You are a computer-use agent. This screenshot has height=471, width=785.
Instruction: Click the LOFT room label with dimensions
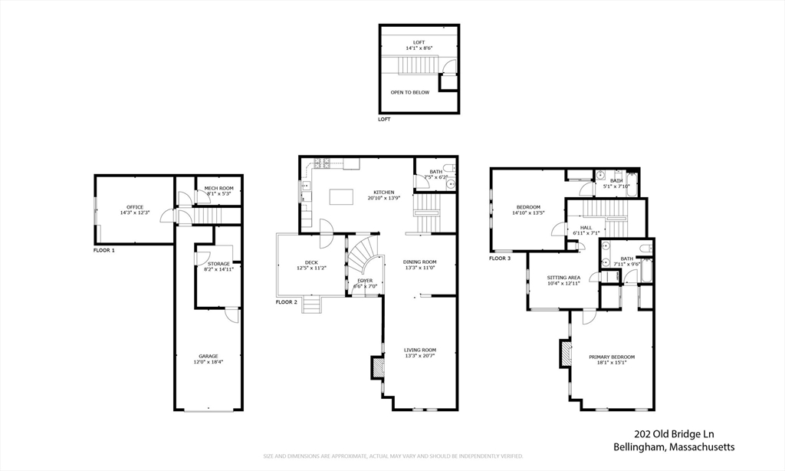click(x=419, y=44)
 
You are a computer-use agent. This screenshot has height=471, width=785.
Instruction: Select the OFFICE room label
click(x=135, y=209)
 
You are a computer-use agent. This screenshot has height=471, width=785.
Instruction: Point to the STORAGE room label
click(x=218, y=266)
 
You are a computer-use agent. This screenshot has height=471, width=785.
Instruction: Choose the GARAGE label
click(x=209, y=358)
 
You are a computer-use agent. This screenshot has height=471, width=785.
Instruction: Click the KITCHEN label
click(x=384, y=195)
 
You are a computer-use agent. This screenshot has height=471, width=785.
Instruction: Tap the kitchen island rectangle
click(x=343, y=197)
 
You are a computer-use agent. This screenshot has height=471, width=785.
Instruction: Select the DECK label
click(x=311, y=265)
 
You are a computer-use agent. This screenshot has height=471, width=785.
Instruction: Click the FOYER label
click(x=365, y=283)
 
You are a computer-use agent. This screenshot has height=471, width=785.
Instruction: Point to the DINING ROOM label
click(x=420, y=265)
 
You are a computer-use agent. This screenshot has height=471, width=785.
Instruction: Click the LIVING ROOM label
click(x=420, y=353)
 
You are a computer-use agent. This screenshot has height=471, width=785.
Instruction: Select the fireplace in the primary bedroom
click(x=567, y=354)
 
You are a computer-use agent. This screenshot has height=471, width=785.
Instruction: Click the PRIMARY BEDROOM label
click(x=612, y=360)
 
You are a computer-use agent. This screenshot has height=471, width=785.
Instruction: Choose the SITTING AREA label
click(x=563, y=280)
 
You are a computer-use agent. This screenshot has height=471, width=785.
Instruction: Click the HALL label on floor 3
click(x=586, y=230)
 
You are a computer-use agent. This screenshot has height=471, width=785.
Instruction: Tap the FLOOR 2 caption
click(x=287, y=302)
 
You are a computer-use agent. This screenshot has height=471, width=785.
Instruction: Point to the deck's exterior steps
click(x=311, y=305)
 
